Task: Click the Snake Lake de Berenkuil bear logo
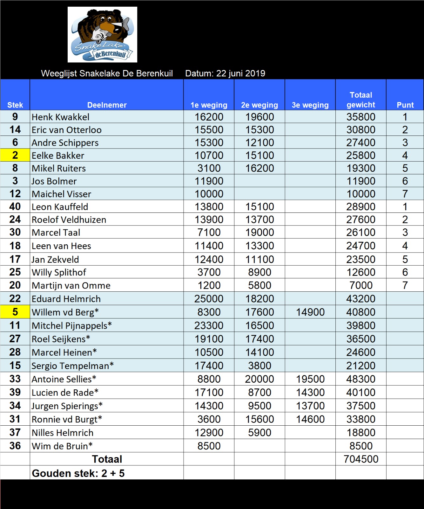(x=102, y=34)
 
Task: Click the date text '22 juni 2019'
(x=240, y=73)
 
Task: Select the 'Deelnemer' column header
(x=107, y=105)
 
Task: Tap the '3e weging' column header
(x=310, y=105)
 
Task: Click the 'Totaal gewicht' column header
(x=361, y=100)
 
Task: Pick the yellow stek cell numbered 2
(x=15, y=155)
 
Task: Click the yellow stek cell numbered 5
(x=15, y=312)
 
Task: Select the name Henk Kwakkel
(x=60, y=117)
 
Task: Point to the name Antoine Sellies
(x=64, y=379)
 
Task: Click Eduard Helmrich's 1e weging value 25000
(x=209, y=299)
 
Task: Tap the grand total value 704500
(x=361, y=459)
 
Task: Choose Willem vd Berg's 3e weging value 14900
(x=310, y=312)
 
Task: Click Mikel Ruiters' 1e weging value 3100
(x=209, y=168)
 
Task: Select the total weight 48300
(x=361, y=379)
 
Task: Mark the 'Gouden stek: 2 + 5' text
(x=78, y=473)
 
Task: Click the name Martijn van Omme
(x=71, y=285)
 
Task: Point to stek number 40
(x=15, y=206)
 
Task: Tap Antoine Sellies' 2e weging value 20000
(x=259, y=379)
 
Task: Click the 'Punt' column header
(x=405, y=105)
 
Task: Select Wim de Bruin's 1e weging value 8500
(x=209, y=446)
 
